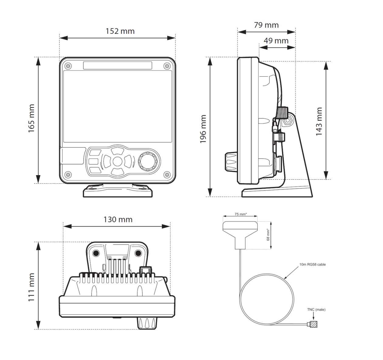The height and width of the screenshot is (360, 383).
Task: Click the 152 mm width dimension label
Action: pyautogui.click(x=120, y=31)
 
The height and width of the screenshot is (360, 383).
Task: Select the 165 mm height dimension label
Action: pyautogui.click(x=32, y=119)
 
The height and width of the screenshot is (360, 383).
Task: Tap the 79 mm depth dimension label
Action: pyautogui.click(x=266, y=25)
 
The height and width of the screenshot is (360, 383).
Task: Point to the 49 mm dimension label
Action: pyautogui.click(x=276, y=40)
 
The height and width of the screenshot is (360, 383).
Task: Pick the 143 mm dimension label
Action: pyautogui.click(x=319, y=121)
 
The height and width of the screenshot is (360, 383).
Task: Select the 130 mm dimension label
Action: pyautogui.click(x=118, y=220)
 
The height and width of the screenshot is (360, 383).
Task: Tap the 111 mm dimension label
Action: pyautogui.click(x=32, y=287)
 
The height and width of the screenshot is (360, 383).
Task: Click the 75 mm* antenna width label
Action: pyautogui.click(x=241, y=214)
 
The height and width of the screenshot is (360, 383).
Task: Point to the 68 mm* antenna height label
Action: pyautogui.click(x=268, y=234)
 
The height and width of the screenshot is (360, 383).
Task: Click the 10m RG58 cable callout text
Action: pyautogui.click(x=313, y=265)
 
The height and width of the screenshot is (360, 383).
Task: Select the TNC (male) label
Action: pyautogui.click(x=316, y=310)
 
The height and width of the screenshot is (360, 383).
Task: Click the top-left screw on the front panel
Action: pyautogui.click(x=68, y=66)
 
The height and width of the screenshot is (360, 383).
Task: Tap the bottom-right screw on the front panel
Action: pyautogui.click(x=167, y=175)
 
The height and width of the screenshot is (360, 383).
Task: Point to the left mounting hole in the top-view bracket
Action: pyautogui.click(x=96, y=253)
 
